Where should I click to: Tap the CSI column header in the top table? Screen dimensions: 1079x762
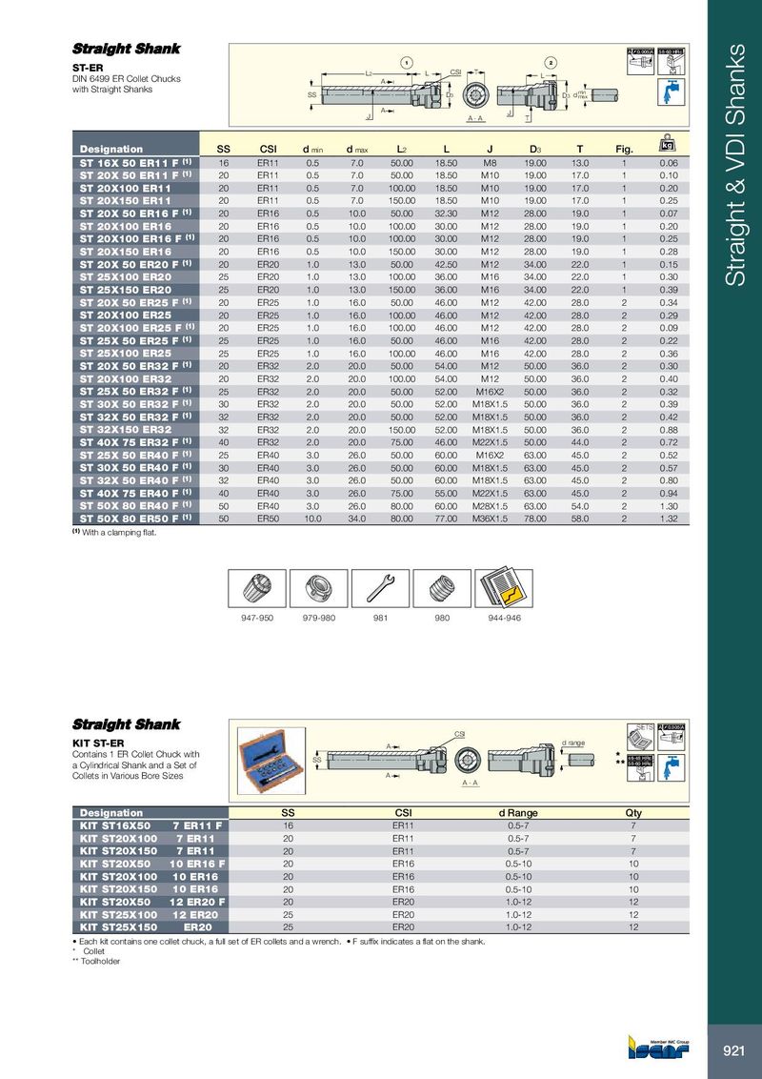[269, 149]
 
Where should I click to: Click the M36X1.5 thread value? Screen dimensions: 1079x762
[492, 518]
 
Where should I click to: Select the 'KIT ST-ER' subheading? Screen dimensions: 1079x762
[99, 741]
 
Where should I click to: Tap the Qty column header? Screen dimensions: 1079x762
[633, 812]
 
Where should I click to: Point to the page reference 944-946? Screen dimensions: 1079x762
[505, 618]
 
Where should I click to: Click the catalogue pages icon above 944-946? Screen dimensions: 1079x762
[504, 587]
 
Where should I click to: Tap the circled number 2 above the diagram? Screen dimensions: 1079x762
[551, 63]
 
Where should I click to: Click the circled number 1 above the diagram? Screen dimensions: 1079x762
[407, 63]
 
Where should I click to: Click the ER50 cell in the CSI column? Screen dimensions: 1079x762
[269, 518]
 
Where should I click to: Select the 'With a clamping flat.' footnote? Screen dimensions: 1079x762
[119, 532]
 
